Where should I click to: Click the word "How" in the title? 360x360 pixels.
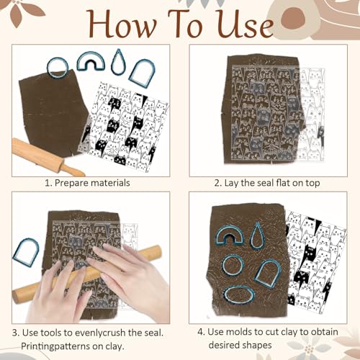point(123,24)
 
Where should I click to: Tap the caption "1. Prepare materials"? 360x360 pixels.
point(87,183)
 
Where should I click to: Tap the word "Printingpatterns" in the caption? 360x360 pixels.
point(54,346)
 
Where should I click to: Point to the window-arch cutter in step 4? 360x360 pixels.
point(258,276)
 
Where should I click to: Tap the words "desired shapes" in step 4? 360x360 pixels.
point(240,346)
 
